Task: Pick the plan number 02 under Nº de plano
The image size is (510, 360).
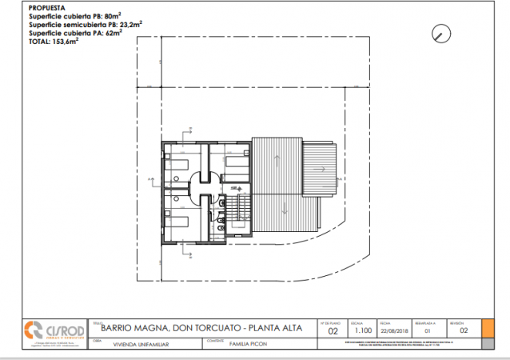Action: (334, 330)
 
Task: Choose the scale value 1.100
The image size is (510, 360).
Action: (364, 330)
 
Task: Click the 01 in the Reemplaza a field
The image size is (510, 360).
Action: (428, 330)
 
